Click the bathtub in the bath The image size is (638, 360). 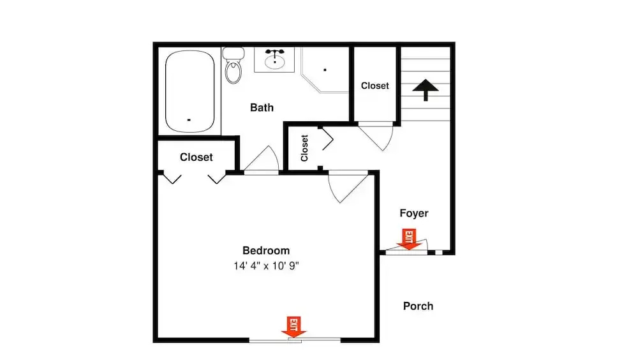click(x=189, y=91)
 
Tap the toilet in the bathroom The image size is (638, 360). click(x=234, y=66)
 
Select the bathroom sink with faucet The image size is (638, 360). click(x=274, y=59)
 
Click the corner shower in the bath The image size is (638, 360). click(x=325, y=70)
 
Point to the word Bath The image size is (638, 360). click(x=262, y=107)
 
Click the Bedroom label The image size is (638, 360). click(x=266, y=250)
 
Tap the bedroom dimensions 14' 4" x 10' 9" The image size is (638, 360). click(x=266, y=266)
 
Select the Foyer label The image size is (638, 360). click(x=414, y=213)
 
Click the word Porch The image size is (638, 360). click(x=418, y=306)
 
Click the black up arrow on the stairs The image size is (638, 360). click(x=426, y=89)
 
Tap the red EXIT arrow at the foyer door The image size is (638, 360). click(x=409, y=239)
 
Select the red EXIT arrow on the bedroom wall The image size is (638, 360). click(x=293, y=327)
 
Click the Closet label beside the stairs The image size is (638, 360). click(x=375, y=86)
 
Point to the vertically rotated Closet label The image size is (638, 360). click(x=304, y=148)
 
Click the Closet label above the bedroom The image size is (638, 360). click(x=196, y=157)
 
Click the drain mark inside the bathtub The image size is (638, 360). click(x=189, y=120)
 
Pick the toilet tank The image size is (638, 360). click(x=234, y=53)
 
